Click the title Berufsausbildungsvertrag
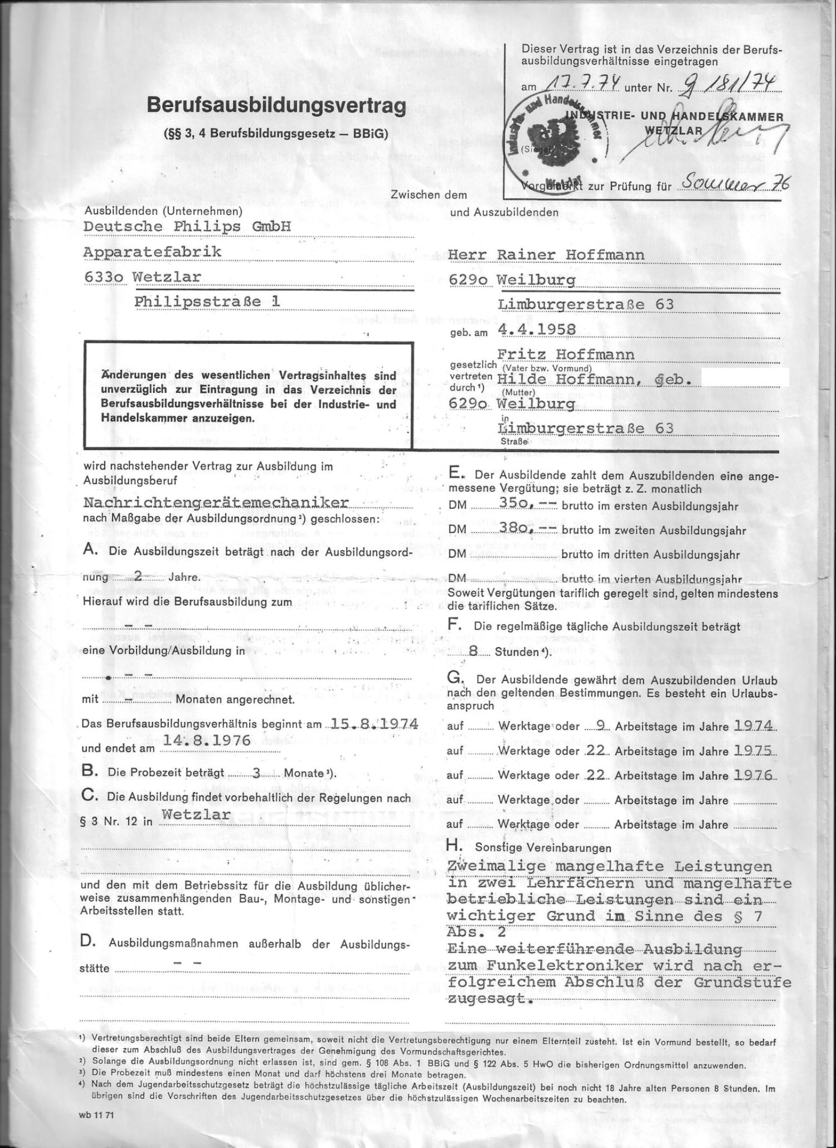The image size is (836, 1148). [x=276, y=106]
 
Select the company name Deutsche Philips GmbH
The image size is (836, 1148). [x=187, y=227]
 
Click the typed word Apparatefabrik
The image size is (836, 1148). [x=152, y=252]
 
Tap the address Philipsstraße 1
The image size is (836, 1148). [x=207, y=301]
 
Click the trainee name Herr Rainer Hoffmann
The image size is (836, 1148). [x=546, y=255]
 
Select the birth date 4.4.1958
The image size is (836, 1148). [x=537, y=328]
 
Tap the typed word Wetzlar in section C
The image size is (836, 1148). [x=196, y=814]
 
